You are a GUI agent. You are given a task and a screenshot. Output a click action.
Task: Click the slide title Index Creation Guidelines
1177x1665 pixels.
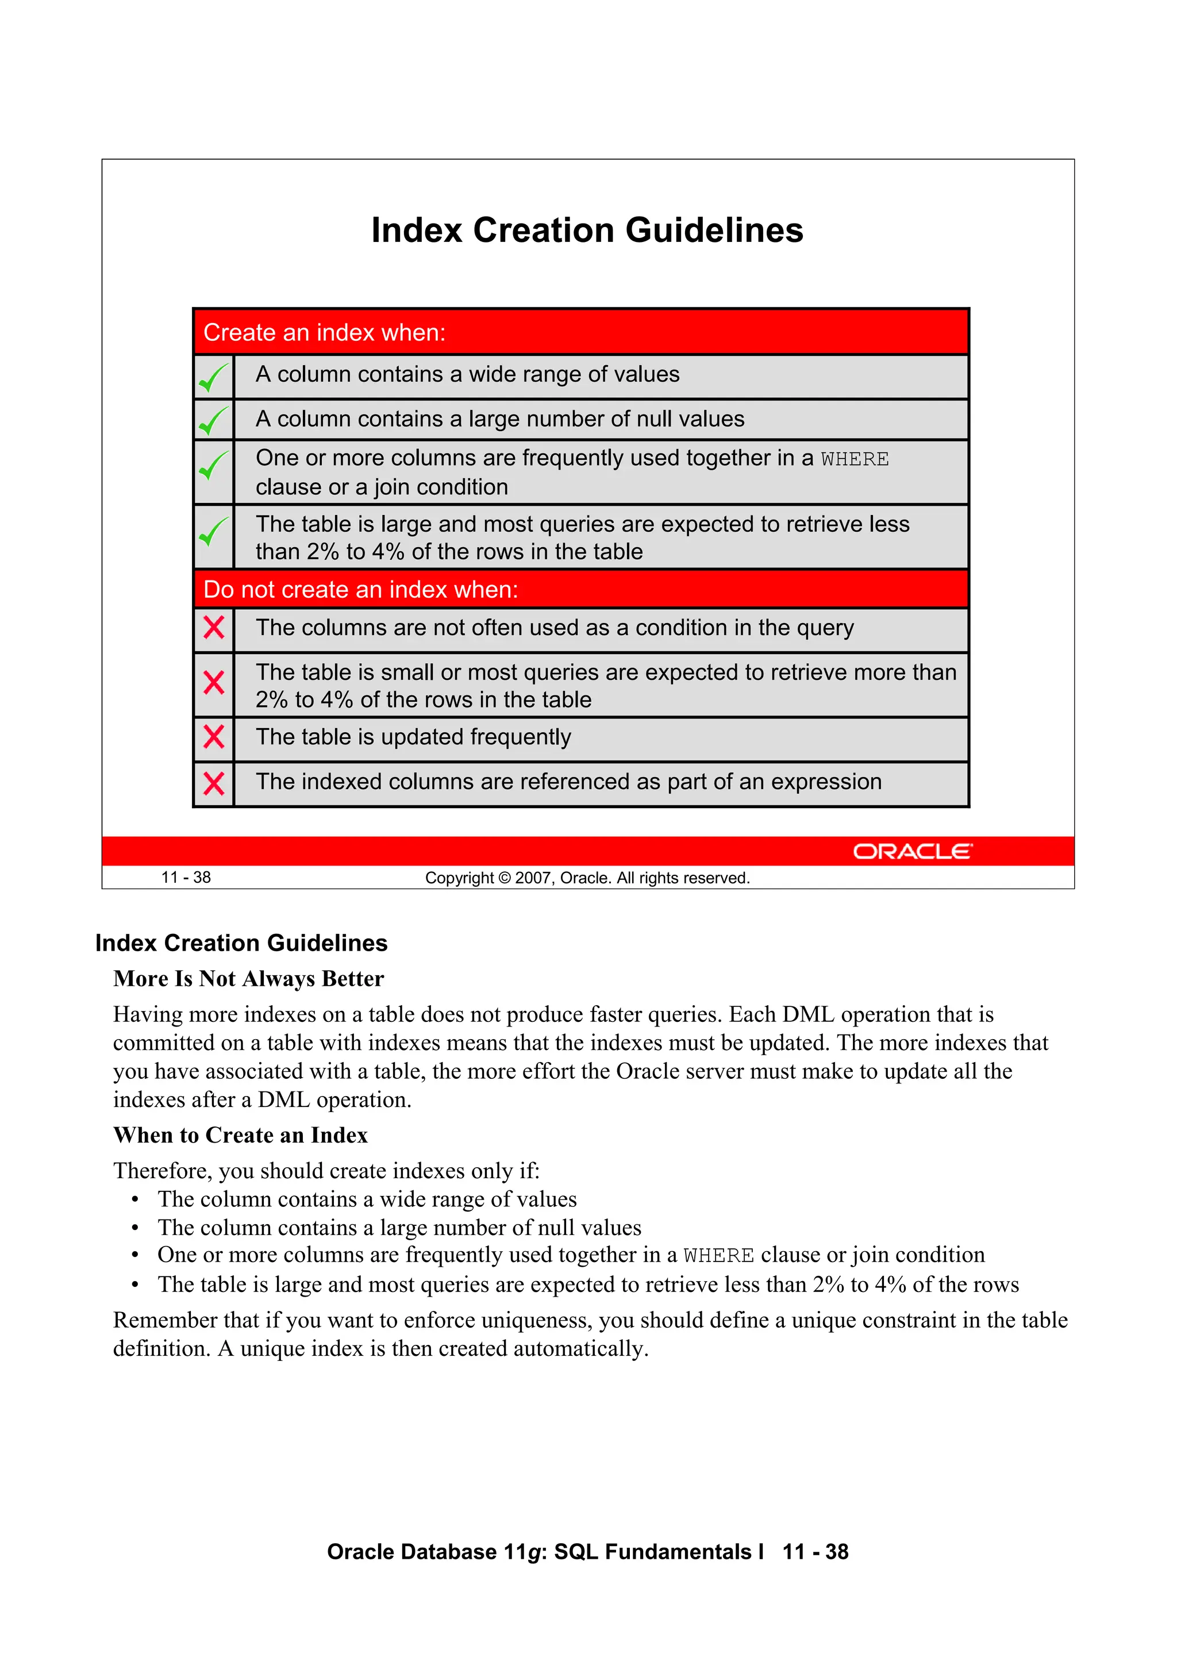tap(587, 230)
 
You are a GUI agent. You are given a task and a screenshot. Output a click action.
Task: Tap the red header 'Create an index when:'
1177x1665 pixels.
tap(324, 333)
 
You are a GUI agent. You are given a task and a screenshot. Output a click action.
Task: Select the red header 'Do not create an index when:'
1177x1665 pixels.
tap(360, 590)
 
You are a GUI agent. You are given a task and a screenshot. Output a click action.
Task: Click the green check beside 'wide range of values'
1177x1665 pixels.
tap(213, 377)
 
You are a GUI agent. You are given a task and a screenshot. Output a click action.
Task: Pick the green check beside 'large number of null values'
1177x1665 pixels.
tap(213, 421)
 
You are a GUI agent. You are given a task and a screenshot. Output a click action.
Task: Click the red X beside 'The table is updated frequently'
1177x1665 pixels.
tap(214, 737)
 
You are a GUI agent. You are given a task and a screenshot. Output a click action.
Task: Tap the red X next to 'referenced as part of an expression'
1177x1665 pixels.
tap(214, 783)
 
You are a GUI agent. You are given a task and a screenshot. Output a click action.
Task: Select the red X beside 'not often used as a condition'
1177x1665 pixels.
tap(214, 627)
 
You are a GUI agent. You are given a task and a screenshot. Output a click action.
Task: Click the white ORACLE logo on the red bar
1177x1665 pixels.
tap(911, 851)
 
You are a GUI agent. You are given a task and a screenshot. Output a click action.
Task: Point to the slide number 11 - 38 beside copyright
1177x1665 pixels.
tap(186, 878)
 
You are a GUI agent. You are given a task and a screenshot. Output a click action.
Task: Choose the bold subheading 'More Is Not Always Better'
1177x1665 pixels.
tap(248, 979)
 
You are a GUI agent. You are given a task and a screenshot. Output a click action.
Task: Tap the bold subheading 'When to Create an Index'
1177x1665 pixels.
tap(240, 1136)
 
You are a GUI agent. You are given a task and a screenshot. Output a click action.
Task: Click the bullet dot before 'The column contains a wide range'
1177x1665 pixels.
tap(135, 1200)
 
